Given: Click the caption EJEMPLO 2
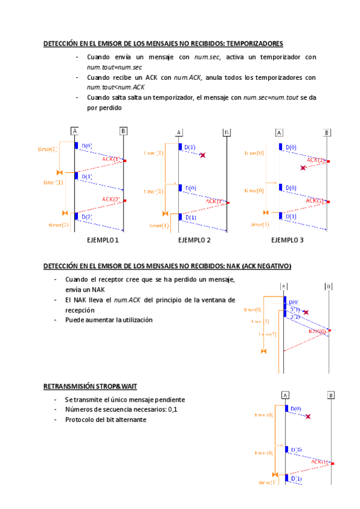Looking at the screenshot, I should click(x=194, y=240).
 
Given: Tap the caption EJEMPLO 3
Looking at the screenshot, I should click(x=287, y=240).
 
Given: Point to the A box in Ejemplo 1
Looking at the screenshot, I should click(x=75, y=131).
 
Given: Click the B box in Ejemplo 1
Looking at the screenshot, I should click(x=123, y=131).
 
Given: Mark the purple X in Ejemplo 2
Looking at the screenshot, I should click(x=203, y=155).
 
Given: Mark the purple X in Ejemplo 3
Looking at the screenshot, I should click(x=304, y=168).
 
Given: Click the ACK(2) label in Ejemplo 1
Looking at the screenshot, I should click(x=111, y=199).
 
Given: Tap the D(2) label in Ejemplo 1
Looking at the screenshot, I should click(x=87, y=217).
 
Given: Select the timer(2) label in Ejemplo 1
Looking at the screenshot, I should click(x=59, y=224).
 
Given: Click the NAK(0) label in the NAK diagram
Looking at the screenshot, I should click(x=318, y=331).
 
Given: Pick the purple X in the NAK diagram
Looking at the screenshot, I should click(x=306, y=312).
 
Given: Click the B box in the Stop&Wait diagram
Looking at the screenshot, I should click(x=331, y=395).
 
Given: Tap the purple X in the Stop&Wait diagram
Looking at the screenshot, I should click(x=308, y=416).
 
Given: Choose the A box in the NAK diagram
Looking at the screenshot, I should click(x=283, y=286).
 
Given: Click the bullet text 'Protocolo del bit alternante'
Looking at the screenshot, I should click(x=106, y=420).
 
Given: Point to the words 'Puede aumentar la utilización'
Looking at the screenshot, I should click(x=109, y=320).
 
